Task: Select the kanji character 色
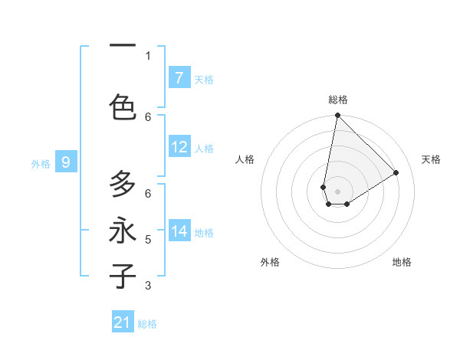coord(123,106)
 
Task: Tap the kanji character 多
coord(123,185)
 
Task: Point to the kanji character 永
coord(123,230)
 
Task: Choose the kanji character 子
coord(123,276)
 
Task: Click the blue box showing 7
coord(179,78)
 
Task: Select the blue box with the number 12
coord(179,147)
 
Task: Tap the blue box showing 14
coord(179,231)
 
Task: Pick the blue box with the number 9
coord(66,162)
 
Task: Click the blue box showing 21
coord(123,322)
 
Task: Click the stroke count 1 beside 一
coord(148,55)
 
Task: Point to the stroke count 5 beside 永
coord(148,240)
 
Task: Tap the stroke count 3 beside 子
coord(148,286)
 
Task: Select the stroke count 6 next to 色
coord(148,116)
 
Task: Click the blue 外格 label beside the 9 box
coord(41,163)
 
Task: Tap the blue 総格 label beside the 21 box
coord(147,324)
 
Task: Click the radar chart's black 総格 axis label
coord(337,100)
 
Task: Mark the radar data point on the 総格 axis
coord(337,116)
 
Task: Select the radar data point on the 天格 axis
coord(396,173)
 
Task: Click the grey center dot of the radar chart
coord(337,191)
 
